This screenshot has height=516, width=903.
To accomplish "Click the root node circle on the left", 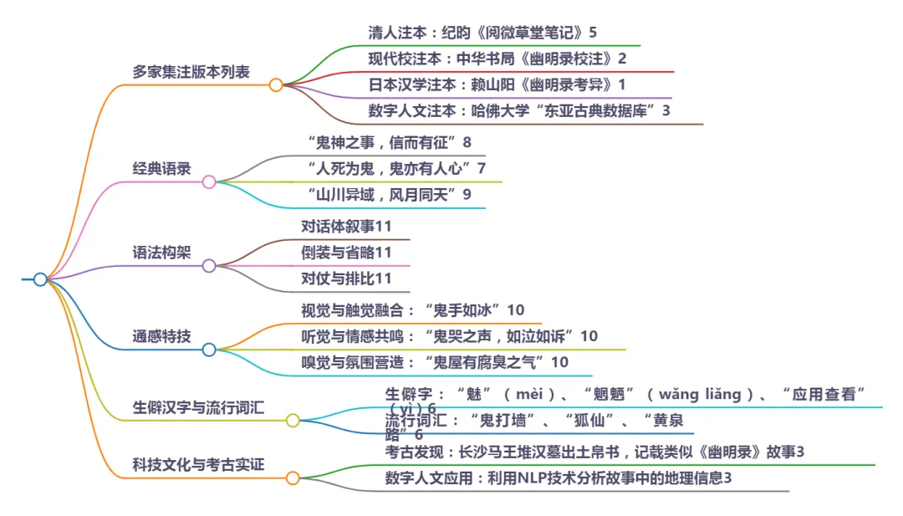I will (x=40, y=279).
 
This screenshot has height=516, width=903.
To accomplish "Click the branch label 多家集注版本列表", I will (x=191, y=72).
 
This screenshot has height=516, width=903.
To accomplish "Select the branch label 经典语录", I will (x=161, y=168).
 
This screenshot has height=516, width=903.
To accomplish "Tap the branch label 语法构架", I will (x=161, y=253).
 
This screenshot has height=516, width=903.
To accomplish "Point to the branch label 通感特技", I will (x=161, y=336).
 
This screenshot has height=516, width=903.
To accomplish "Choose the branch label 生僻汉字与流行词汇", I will (x=198, y=408).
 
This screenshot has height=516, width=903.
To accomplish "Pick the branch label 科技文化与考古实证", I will (x=198, y=464).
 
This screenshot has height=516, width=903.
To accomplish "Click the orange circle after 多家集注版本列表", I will (x=275, y=84).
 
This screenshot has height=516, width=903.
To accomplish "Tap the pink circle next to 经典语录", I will (x=209, y=181).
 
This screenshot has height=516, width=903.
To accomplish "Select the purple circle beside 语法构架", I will (x=209, y=266).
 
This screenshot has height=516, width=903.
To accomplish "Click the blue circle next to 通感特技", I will (x=209, y=350).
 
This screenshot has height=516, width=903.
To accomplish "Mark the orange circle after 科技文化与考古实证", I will (x=293, y=478).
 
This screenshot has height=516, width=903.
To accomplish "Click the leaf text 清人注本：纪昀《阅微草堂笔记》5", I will (x=482, y=33).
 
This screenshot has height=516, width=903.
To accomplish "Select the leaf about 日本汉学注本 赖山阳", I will (x=497, y=84).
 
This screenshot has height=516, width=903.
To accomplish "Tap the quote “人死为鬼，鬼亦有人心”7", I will (x=396, y=168).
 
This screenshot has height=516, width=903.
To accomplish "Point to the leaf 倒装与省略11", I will (x=346, y=253).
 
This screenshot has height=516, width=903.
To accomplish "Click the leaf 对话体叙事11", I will (x=346, y=227).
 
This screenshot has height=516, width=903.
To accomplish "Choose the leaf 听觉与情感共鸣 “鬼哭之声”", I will (x=449, y=336).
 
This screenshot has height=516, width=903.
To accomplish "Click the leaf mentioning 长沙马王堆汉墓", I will (x=594, y=452).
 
